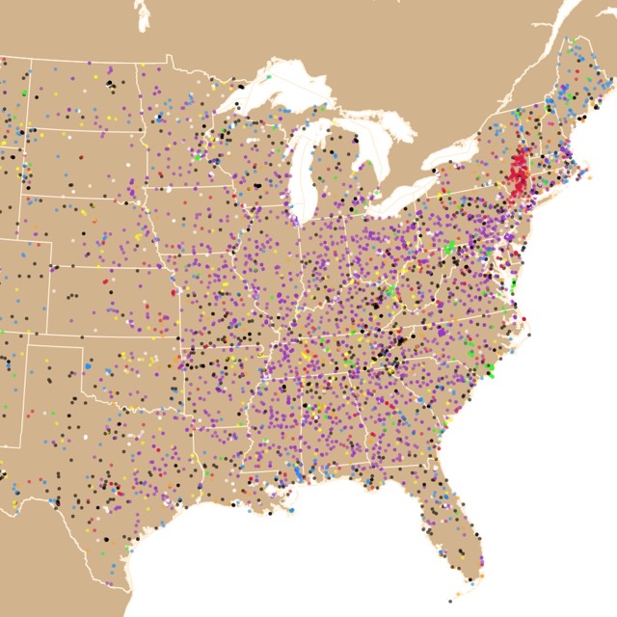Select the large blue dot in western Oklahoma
pyautogui.click(x=88, y=366)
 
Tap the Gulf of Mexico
pyautogui.click(x=289, y=559)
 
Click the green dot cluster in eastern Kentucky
pyautogui.click(x=391, y=289)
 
